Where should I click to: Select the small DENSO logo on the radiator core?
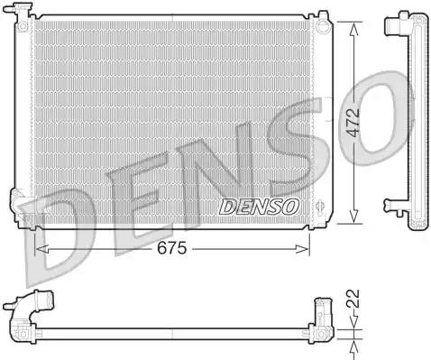click(260, 207)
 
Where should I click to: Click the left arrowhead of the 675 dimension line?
click(38, 248)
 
